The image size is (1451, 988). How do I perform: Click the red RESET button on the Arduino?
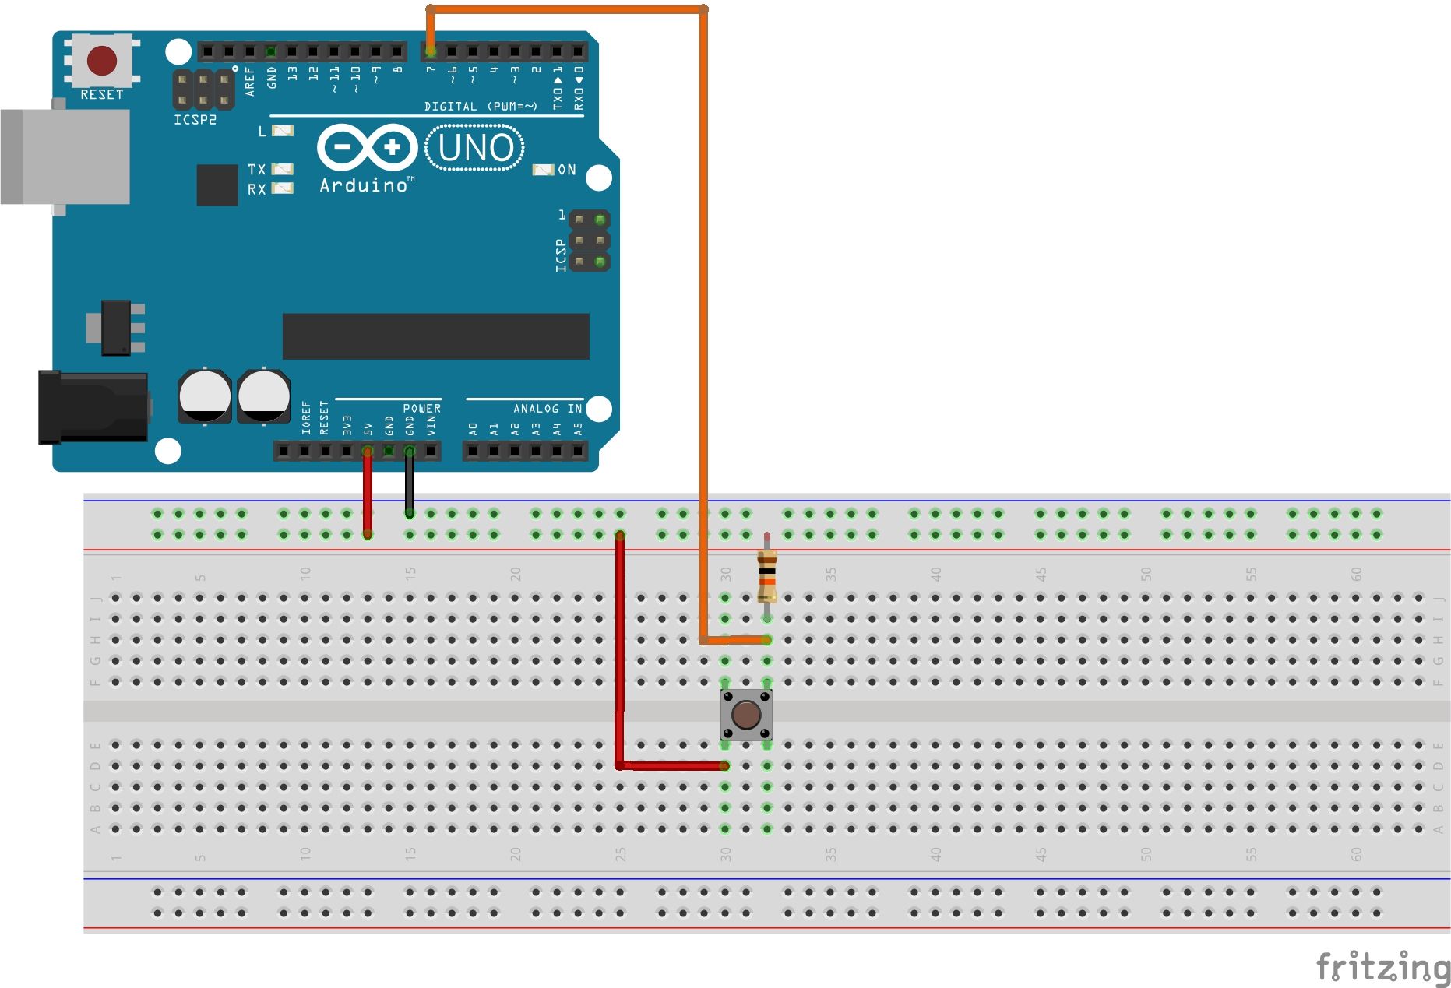102,60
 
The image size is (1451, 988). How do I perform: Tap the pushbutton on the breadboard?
746,714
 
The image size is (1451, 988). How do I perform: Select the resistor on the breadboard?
767,575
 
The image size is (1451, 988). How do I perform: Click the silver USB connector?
66,156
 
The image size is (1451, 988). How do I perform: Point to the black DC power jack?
93,407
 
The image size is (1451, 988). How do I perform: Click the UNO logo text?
475,148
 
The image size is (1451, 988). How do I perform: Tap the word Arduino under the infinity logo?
364,185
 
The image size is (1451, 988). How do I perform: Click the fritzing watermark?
1382,967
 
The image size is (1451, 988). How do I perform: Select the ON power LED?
543,170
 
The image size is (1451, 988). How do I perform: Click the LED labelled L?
283,131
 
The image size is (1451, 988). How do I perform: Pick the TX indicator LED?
283,169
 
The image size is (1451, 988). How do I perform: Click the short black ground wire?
409,483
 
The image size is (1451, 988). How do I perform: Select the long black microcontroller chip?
435,336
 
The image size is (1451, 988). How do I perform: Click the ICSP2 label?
195,120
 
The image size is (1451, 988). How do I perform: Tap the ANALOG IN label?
547,409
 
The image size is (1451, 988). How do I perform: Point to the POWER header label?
421,409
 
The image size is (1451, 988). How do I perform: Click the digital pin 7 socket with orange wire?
431,51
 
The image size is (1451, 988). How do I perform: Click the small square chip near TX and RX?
217,185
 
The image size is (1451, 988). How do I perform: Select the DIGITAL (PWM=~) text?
481,106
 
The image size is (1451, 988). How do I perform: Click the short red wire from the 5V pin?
368,492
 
